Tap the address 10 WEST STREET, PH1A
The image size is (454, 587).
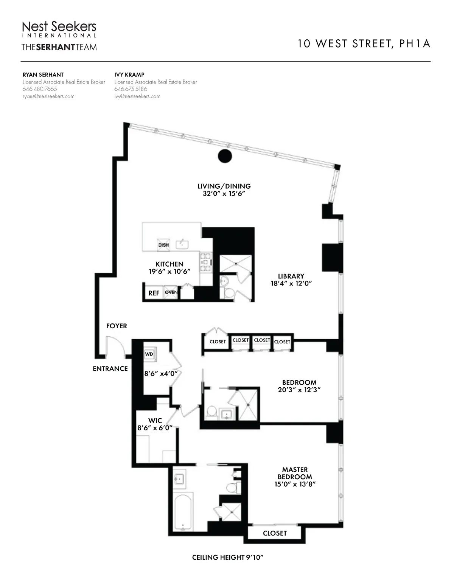364,44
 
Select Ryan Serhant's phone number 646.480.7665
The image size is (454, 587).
40,89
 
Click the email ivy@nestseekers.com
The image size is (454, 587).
137,96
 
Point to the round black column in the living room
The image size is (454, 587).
225,156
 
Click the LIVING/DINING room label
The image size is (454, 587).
224,186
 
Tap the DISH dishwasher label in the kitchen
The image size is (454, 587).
163,245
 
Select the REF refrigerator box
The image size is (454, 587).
154,293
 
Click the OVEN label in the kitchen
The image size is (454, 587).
171,292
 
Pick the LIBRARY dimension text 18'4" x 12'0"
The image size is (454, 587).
291,283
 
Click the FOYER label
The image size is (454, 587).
117,326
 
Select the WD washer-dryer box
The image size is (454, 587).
149,354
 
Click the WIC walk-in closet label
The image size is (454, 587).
155,421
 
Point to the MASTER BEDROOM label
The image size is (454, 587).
295,473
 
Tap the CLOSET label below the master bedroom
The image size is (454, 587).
275,533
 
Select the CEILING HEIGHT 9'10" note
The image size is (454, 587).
227,557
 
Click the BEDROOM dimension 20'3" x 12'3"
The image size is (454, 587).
299,390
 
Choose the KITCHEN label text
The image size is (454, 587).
169,264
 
